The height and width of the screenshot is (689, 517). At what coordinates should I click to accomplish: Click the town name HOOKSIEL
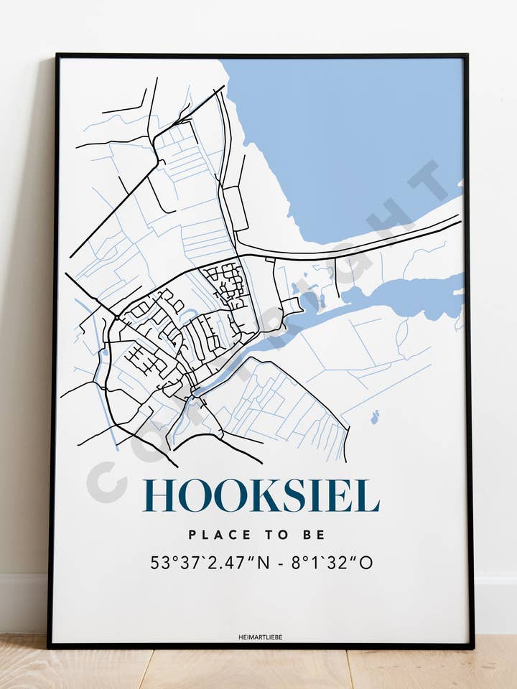point(261,496)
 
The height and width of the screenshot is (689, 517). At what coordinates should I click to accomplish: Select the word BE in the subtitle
point(316,535)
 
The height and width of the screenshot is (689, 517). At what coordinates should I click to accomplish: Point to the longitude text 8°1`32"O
point(333,563)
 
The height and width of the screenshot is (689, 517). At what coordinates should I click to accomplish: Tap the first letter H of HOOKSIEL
point(160,496)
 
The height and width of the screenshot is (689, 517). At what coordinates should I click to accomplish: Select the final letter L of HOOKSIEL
point(367,496)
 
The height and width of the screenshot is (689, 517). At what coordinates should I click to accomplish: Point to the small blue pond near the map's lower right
point(374,416)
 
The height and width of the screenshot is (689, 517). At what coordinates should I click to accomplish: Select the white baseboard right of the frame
point(495,603)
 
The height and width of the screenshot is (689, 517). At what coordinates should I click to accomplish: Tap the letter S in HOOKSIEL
point(292,496)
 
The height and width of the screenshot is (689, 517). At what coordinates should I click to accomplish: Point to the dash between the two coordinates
point(279,563)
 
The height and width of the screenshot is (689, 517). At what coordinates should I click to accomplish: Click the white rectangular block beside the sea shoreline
point(236,208)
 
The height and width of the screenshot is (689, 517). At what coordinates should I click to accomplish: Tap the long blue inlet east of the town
point(402,294)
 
